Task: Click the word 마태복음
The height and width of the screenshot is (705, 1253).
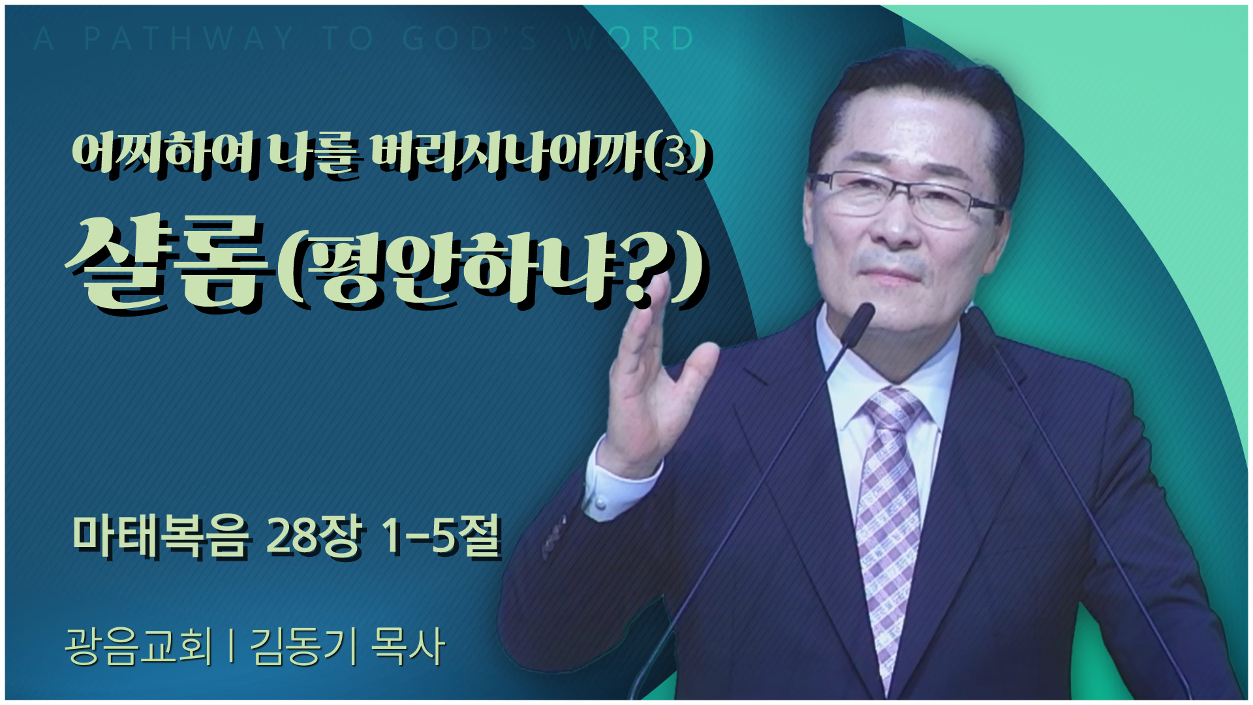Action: click(x=161, y=537)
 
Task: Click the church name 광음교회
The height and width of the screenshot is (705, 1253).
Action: click(x=139, y=646)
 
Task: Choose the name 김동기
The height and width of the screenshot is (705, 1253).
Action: click(x=303, y=646)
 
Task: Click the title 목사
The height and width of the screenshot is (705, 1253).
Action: click(x=409, y=646)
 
